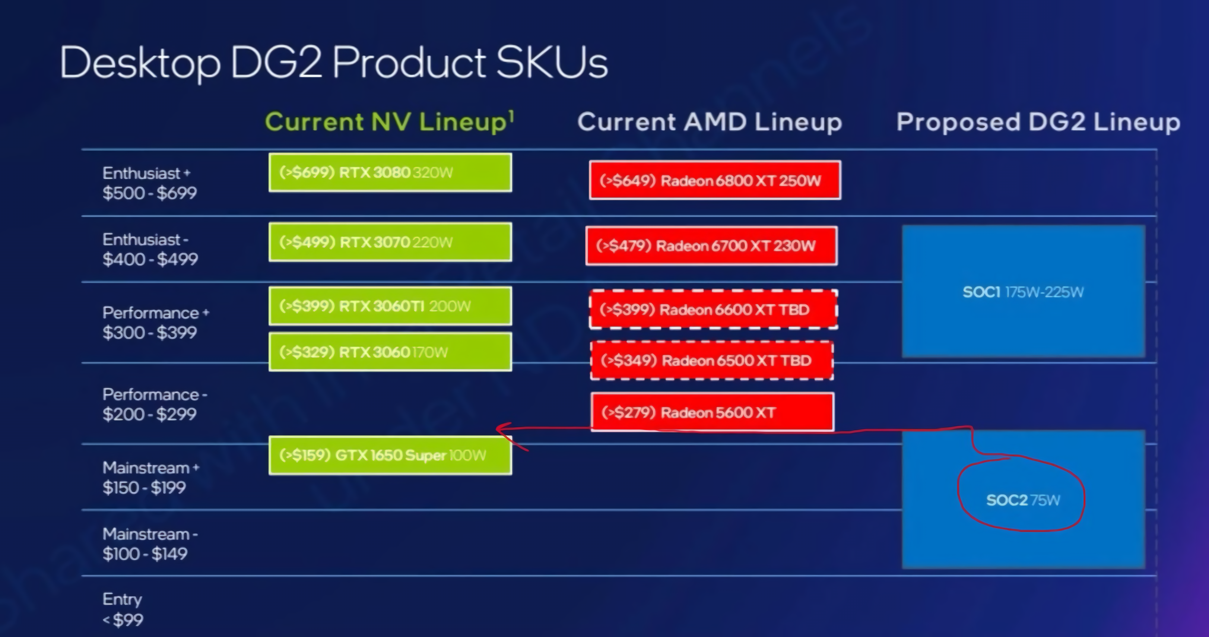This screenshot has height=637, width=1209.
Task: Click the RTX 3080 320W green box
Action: click(x=390, y=172)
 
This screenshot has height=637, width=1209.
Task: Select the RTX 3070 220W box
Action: click(x=390, y=242)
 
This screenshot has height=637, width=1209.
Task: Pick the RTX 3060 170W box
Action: click(x=390, y=352)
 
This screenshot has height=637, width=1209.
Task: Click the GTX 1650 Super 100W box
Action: click(x=390, y=455)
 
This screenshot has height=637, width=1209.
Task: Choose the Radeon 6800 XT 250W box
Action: click(x=715, y=180)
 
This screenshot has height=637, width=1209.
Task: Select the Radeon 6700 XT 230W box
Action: click(x=711, y=245)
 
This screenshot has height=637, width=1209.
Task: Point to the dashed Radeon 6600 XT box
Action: click(x=713, y=309)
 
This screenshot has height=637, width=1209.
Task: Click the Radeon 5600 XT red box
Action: click(x=713, y=412)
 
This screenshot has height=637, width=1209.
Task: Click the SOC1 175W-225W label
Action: click(x=1023, y=292)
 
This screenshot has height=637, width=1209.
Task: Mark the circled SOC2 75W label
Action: click(x=1023, y=500)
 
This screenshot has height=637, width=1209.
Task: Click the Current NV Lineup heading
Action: click(x=390, y=122)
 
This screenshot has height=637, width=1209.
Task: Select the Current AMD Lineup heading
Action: click(x=710, y=122)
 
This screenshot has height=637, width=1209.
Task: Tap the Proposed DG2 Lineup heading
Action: click(x=1038, y=122)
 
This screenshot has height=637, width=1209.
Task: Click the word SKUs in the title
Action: click(x=552, y=63)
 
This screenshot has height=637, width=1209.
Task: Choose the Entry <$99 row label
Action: click(x=123, y=609)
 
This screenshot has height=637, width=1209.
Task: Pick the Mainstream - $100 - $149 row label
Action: click(x=150, y=543)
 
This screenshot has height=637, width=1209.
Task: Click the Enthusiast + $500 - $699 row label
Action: click(x=150, y=183)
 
